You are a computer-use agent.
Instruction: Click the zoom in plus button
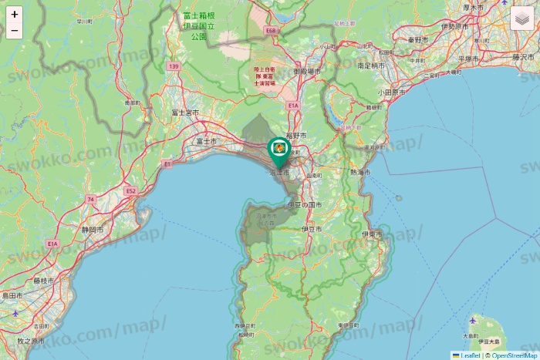coord(15,14)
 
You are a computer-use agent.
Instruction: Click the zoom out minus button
coord(15,31)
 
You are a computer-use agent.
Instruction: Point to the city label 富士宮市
coord(185,113)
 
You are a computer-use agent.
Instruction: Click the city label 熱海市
coord(360,173)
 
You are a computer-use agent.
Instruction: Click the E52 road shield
coord(131,190)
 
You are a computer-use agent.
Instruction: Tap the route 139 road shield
coord(174,67)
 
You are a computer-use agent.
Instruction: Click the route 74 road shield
coord(91,200)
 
